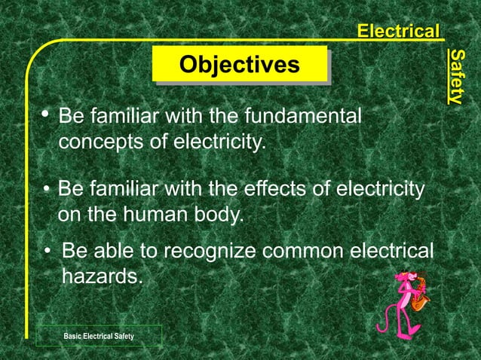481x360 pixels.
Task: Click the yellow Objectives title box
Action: (x=240, y=64)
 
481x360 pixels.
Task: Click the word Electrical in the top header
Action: (x=398, y=32)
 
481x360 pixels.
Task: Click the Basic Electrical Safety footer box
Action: (x=99, y=335)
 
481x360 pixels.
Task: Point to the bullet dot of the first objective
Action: (x=46, y=115)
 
